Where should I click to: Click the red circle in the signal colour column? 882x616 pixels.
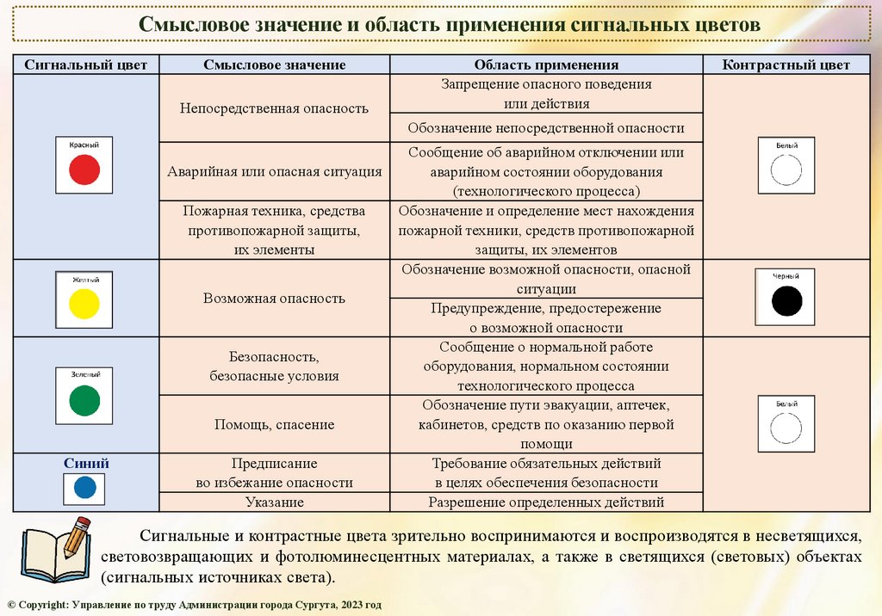point(85,169)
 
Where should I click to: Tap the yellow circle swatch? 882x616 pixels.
point(84,303)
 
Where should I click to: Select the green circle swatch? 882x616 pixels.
point(84,400)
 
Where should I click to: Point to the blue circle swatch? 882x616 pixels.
point(84,488)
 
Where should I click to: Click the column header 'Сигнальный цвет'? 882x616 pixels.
point(86,65)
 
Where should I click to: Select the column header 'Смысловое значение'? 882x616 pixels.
point(275,65)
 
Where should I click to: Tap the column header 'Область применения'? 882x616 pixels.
point(546,65)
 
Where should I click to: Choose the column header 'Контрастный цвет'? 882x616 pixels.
point(786,65)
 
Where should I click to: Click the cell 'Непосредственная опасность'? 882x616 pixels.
point(275,108)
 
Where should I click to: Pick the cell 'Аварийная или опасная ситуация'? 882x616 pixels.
point(275,171)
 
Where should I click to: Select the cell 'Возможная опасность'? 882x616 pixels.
point(275,299)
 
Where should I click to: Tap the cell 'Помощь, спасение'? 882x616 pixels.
point(275,424)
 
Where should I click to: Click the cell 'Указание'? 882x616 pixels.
point(275,502)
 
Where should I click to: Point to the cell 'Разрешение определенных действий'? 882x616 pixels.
point(546,502)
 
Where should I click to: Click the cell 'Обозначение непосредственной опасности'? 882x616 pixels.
point(546,128)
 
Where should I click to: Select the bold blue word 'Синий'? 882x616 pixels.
point(86,463)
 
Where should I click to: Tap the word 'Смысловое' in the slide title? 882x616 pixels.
point(197,24)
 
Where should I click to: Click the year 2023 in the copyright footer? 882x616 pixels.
point(351,605)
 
